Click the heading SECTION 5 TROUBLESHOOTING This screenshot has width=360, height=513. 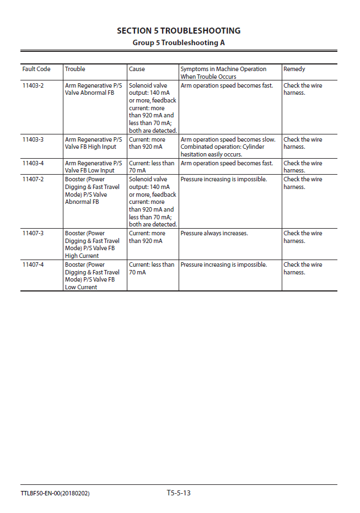tap(179, 31)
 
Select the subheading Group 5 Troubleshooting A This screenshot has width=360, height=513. tap(179, 42)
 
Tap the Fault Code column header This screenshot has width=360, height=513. tap(36, 69)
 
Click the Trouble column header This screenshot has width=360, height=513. tap(75, 69)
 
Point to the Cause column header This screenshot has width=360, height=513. tap(137, 69)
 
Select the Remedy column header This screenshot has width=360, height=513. tap(294, 69)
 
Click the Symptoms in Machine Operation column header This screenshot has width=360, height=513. tap(223, 73)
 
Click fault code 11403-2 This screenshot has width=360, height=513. tap(33, 86)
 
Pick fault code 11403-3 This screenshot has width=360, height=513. tap(33, 140)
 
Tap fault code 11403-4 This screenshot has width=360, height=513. tap(33, 164)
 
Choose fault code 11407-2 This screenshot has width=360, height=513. tap(33, 180)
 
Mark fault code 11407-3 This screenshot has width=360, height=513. tap(33, 234)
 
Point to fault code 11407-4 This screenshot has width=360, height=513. tap(33, 265)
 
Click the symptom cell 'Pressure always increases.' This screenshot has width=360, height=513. tap(214, 234)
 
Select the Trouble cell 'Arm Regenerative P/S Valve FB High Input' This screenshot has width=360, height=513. tap(94, 143)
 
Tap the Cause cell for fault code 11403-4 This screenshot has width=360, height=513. tap(151, 167)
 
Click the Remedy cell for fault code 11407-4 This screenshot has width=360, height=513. tap(303, 268)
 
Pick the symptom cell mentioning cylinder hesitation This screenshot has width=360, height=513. tap(228, 147)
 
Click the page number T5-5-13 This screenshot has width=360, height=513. tap(179, 493)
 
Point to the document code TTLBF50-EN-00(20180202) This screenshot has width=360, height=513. tap(56, 493)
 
